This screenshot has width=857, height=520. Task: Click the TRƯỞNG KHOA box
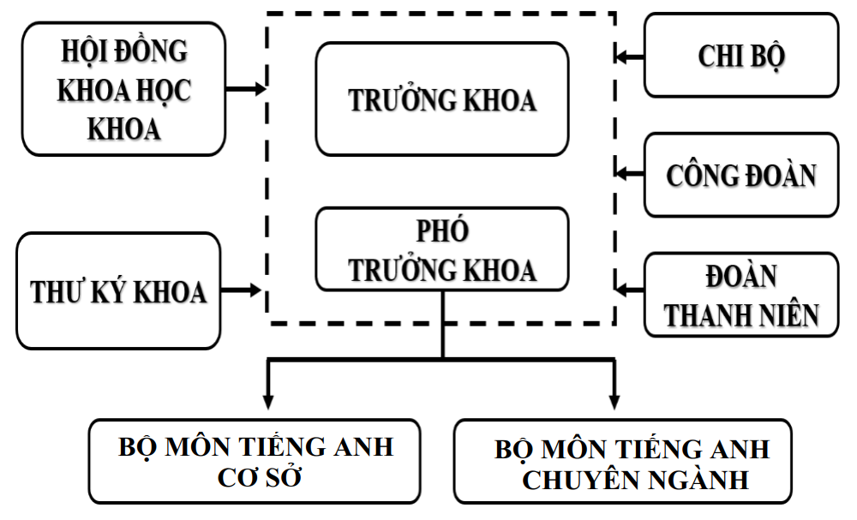pyautogui.click(x=441, y=99)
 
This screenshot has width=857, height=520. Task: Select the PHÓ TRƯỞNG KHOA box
pyautogui.click(x=441, y=249)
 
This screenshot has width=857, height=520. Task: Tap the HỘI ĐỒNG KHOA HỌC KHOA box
pyautogui.click(x=124, y=88)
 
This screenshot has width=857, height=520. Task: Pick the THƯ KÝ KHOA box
pyautogui.click(x=118, y=290)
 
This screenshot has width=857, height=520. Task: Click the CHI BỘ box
pyautogui.click(x=741, y=55)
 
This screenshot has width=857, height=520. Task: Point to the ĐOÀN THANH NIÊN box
pyautogui.click(x=741, y=294)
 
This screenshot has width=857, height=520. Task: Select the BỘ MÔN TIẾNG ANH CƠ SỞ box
pyautogui.click(x=255, y=461)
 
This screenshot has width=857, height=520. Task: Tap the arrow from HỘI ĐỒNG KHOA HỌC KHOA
pyautogui.click(x=248, y=88)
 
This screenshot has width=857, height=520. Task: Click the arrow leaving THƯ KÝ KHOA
pyautogui.click(x=243, y=290)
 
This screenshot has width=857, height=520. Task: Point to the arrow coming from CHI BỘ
pyautogui.click(x=630, y=57)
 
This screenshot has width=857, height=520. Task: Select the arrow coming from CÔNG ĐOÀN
pyautogui.click(x=630, y=173)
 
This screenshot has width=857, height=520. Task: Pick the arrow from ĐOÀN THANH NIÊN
pyautogui.click(x=630, y=290)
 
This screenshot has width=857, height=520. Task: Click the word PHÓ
pyautogui.click(x=442, y=232)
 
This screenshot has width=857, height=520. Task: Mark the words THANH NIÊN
pyautogui.click(x=742, y=314)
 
